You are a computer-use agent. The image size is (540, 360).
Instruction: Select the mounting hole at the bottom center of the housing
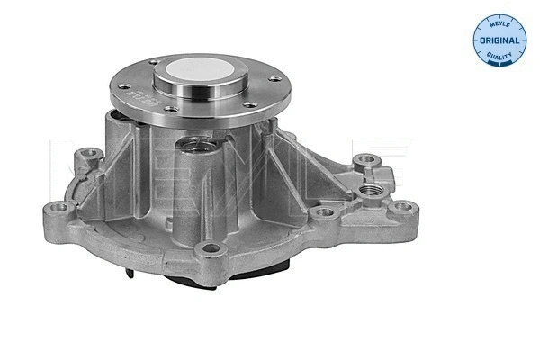tap(211, 249)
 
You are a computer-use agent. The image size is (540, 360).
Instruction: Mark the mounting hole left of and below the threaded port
tap(326, 213)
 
